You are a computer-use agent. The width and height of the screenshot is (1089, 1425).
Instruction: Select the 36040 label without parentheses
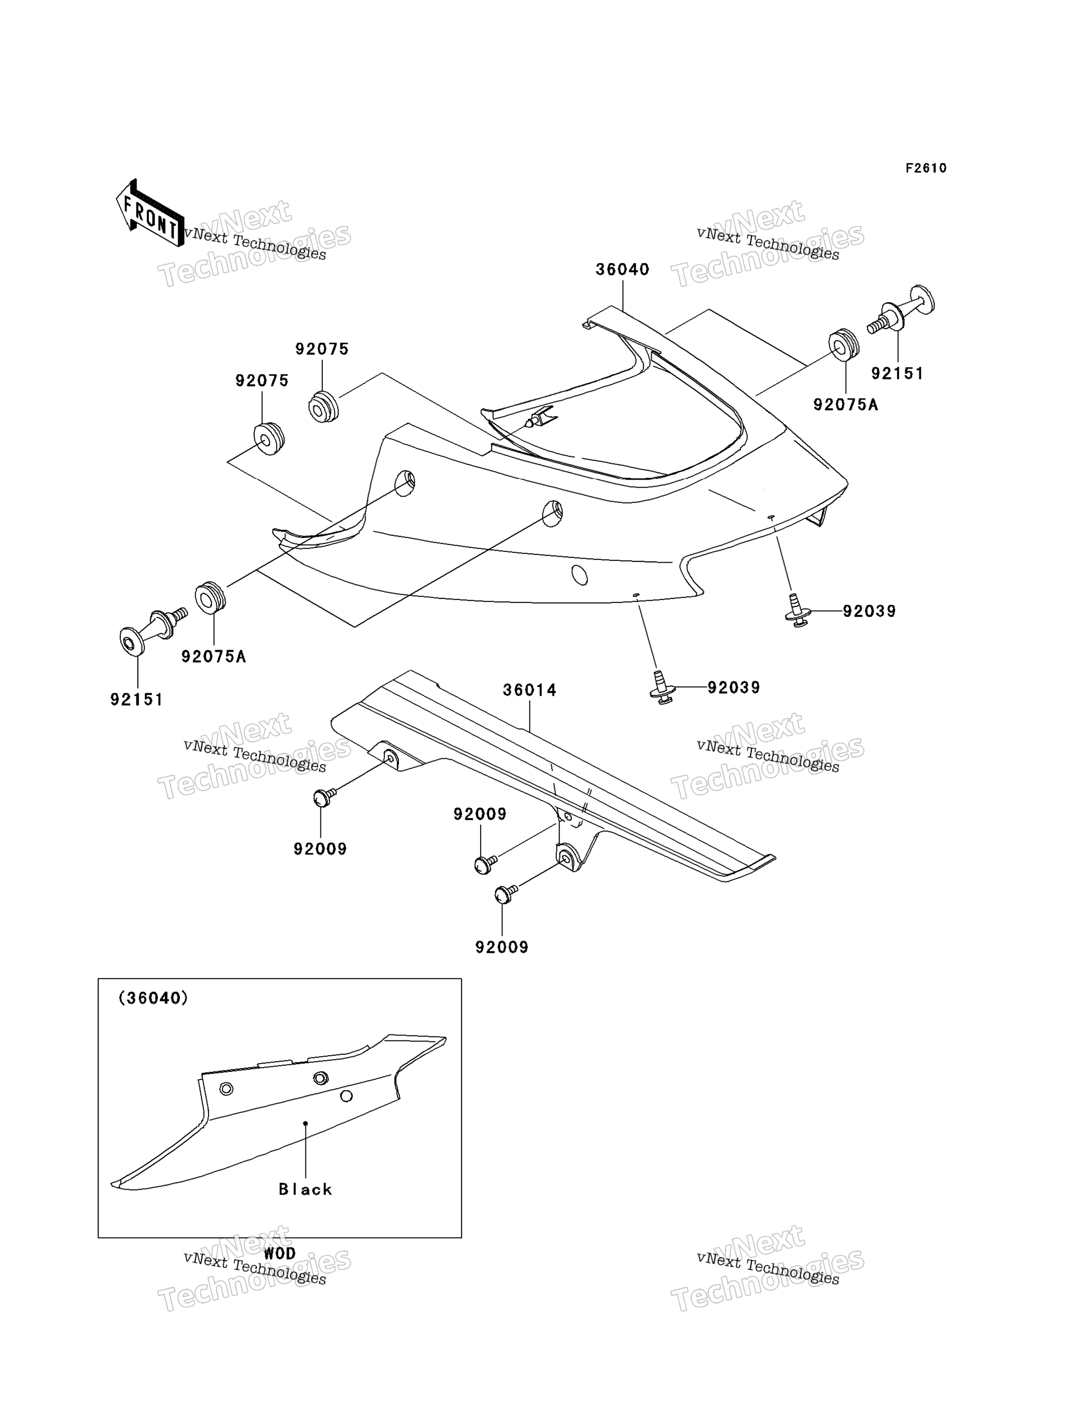coord(622,270)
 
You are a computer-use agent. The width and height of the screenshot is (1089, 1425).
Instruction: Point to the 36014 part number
coord(530,691)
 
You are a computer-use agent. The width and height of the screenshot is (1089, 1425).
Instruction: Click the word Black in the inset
coord(305,1189)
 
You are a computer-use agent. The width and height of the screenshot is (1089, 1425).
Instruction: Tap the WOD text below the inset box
coord(280,1253)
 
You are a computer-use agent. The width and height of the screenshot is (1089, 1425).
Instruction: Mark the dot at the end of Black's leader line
coord(305,1123)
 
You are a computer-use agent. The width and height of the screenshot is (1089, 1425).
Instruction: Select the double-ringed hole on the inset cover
coord(320,1078)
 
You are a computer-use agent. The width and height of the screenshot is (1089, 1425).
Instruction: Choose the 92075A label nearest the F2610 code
coord(845,405)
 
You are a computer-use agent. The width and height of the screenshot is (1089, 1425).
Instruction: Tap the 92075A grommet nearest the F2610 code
coord(844,345)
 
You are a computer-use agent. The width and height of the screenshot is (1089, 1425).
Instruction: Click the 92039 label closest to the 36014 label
coord(733,687)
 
